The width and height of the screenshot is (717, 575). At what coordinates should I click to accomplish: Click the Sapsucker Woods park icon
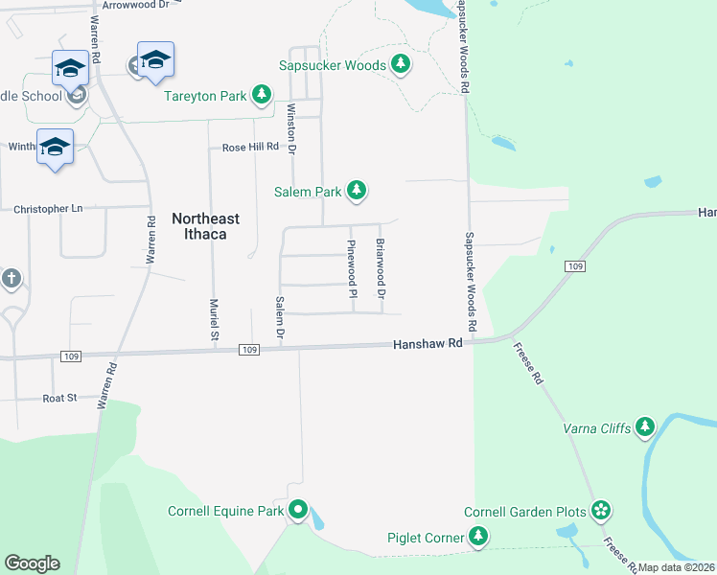401,65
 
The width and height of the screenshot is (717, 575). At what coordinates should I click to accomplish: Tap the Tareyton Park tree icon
261,95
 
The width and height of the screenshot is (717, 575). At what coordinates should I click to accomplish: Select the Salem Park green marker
357,192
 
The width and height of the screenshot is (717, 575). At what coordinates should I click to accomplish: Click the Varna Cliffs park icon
645,426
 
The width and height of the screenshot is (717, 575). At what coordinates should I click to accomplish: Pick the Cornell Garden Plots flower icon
601,511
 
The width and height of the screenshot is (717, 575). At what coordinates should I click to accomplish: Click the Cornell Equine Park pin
298,511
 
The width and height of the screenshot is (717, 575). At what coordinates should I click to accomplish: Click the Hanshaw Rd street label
428,343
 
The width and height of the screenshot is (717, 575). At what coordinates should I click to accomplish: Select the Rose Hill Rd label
249,148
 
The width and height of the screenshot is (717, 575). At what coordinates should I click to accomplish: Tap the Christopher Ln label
48,208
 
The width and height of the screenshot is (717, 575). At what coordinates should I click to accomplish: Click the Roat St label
59,398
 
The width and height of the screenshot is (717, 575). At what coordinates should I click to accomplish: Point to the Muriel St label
214,319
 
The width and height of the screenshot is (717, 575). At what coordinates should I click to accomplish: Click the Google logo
32,563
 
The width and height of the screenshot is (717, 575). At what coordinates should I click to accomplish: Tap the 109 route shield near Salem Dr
249,350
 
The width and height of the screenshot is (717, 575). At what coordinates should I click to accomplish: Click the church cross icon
10,279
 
